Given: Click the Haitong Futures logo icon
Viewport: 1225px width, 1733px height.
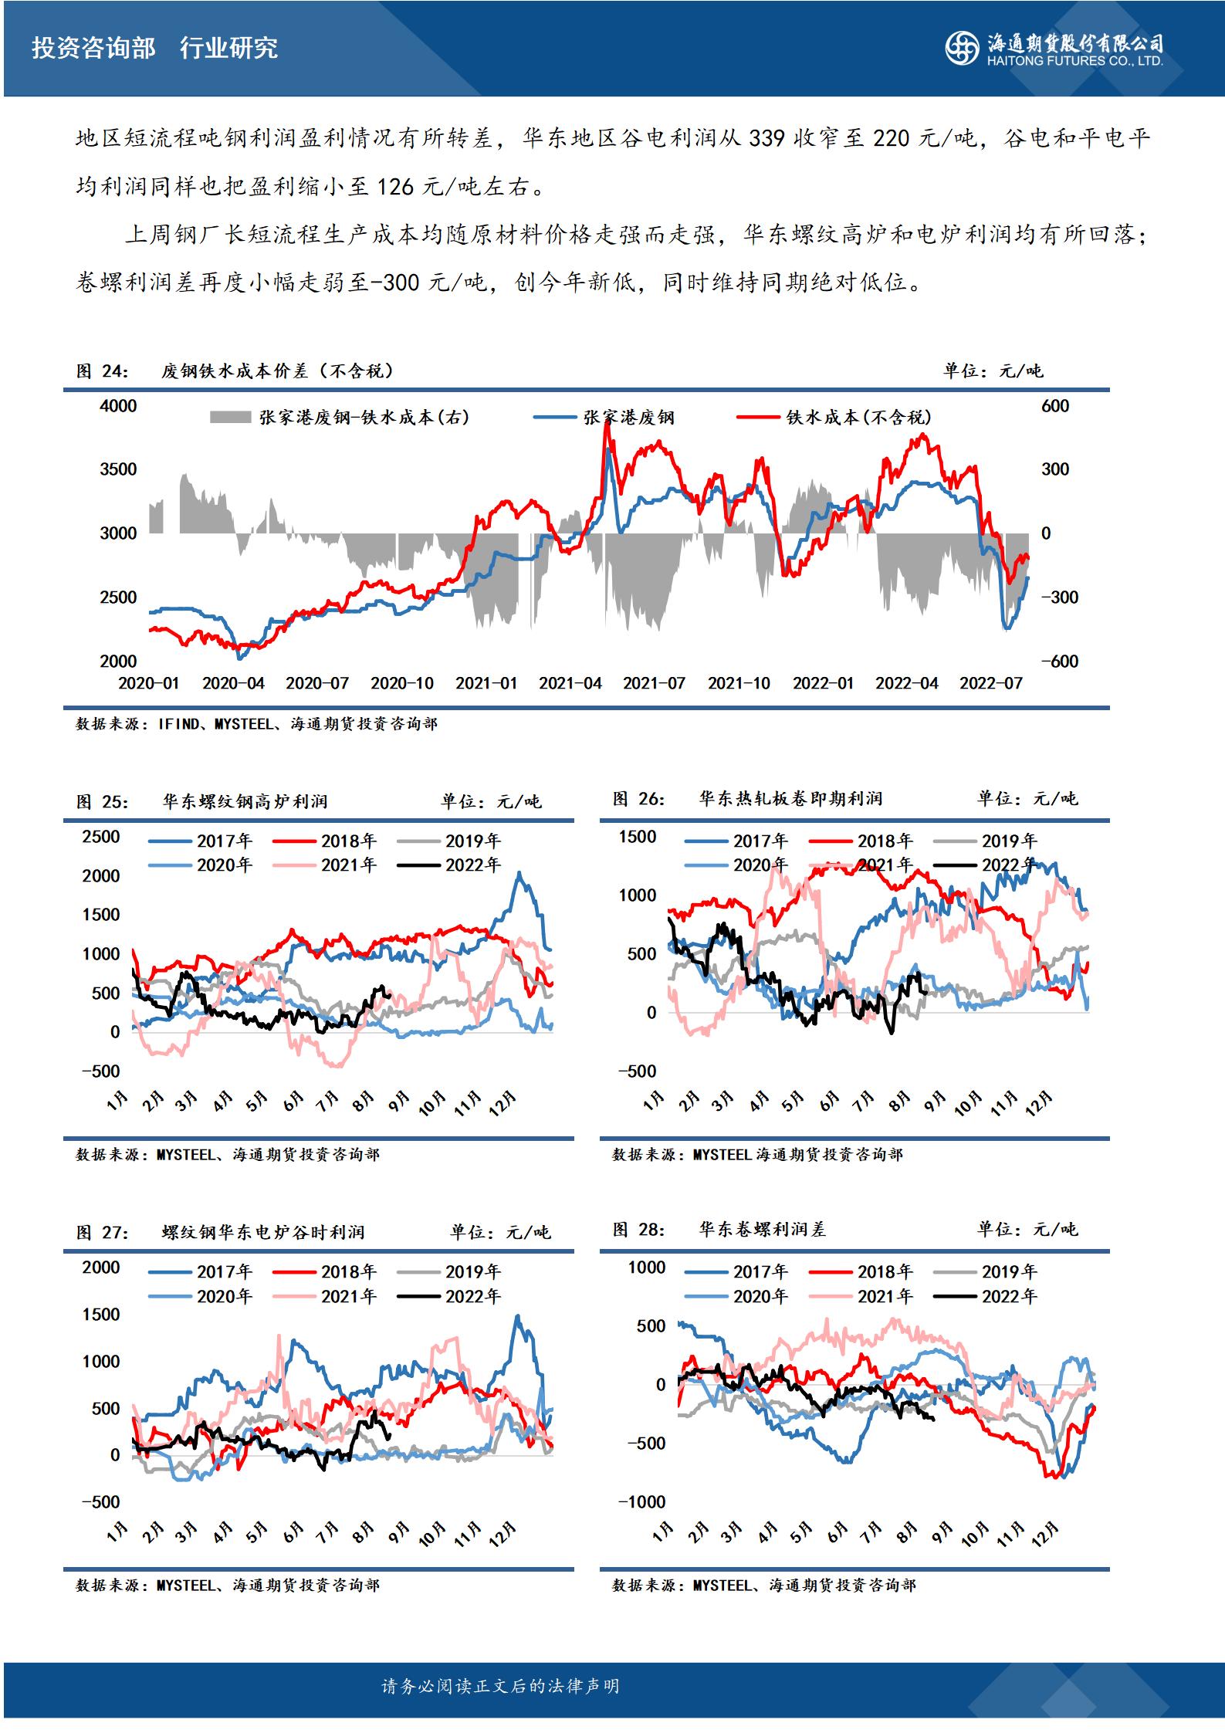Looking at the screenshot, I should [963, 49].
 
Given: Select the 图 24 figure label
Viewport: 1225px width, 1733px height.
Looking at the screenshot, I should [102, 371].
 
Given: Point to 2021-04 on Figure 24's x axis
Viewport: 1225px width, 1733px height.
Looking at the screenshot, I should [570, 683].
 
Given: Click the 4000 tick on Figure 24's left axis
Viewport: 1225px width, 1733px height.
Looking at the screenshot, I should [118, 406].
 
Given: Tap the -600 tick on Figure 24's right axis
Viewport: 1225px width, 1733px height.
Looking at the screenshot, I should [1059, 662].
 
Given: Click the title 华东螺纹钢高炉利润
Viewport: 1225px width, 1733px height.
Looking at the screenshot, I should [245, 802].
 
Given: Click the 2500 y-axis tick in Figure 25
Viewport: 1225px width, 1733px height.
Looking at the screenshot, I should [101, 837].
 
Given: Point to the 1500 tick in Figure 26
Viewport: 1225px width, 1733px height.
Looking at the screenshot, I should [638, 837].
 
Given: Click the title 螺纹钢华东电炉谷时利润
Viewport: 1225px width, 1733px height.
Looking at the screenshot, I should [262, 1233].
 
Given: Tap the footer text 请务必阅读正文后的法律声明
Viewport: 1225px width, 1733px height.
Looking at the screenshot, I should [500, 1686].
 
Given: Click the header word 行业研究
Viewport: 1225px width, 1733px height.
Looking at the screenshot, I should [228, 49].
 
